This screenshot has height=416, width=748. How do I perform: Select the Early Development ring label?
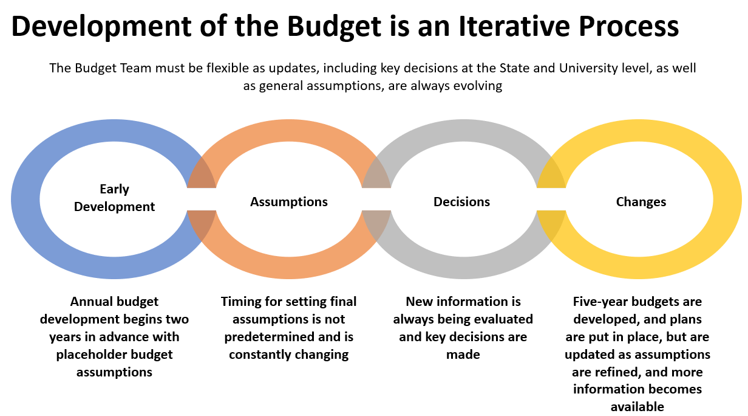tap(114, 198)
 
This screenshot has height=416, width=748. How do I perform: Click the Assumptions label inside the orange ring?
tap(289, 202)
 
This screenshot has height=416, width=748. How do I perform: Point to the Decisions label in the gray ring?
tap(461, 202)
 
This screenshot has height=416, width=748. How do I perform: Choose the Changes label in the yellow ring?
tap(641, 202)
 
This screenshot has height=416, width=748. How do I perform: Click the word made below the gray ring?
tap(463, 355)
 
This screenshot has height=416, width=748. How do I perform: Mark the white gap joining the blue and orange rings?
tap(202, 199)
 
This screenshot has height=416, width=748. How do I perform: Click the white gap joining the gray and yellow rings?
tap(551, 199)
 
